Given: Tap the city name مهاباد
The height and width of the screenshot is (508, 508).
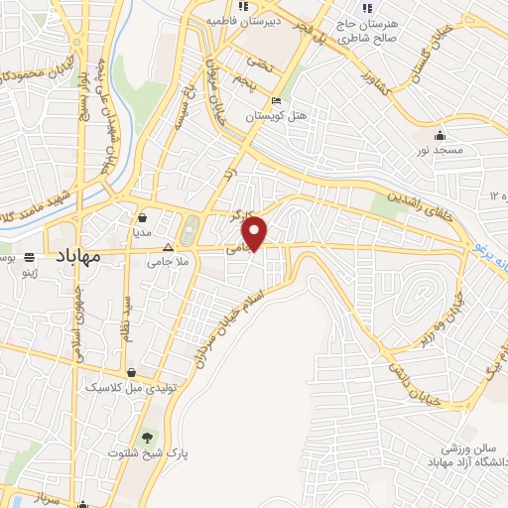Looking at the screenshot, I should point(75,255).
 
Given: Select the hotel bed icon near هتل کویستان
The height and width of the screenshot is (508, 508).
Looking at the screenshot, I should point(276,101).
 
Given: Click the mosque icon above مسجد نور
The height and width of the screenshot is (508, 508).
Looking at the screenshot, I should point(440,134).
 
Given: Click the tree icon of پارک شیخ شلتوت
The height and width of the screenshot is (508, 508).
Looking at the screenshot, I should point(147,436).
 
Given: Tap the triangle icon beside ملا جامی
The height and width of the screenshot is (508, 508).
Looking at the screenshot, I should point(168,247).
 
